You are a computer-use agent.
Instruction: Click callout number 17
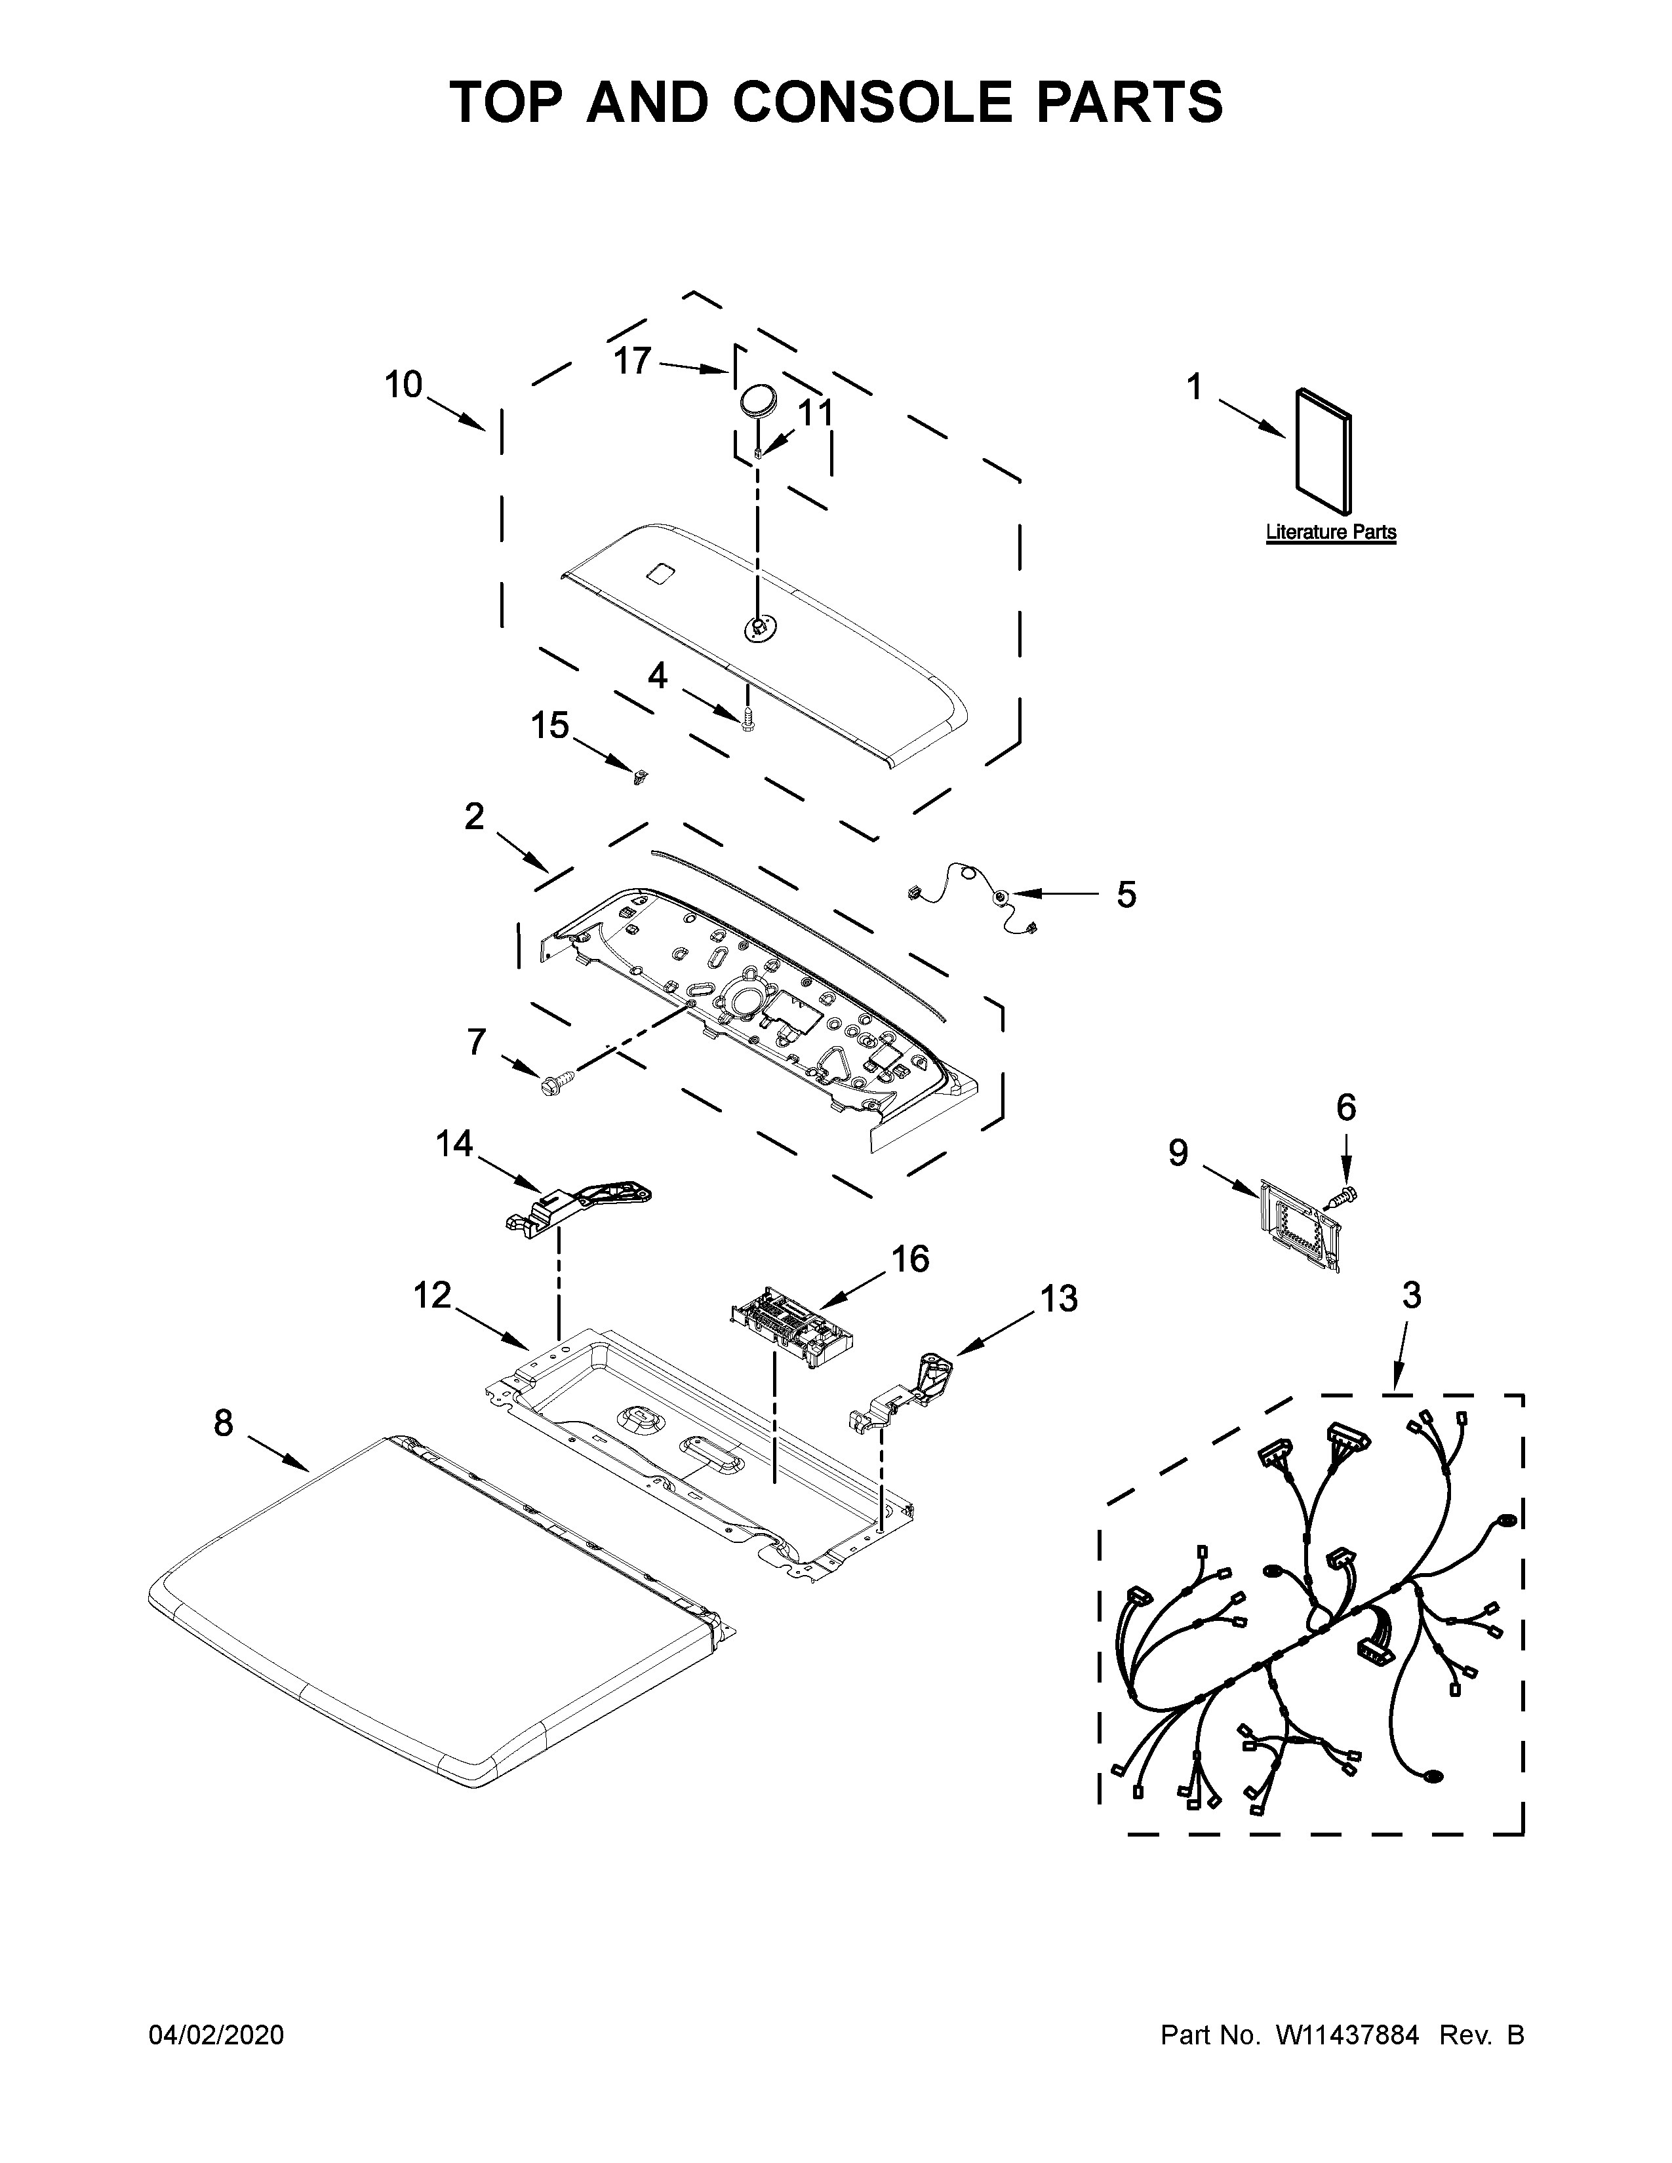(632, 362)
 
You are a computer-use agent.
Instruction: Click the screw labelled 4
(749, 719)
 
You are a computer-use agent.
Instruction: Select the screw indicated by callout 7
(551, 1083)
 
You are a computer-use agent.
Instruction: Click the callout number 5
(1126, 894)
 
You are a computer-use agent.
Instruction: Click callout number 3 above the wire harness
(1412, 1295)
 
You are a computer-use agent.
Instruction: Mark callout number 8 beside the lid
(224, 1424)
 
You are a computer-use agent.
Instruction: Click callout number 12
(432, 1295)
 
